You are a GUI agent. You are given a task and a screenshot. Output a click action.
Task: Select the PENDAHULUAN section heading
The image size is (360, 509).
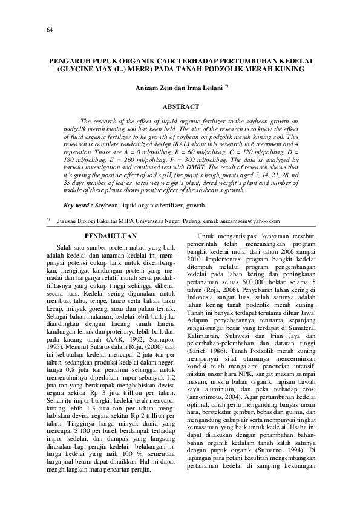[x=111, y=236]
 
